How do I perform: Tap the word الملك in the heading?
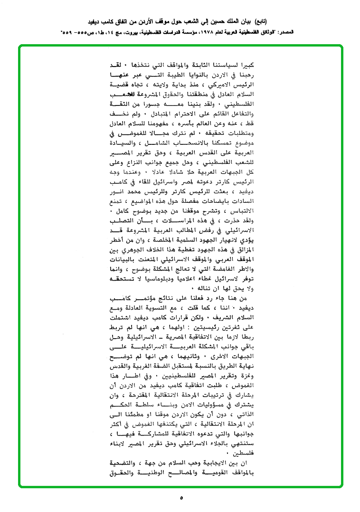click(x=227, y=22)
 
